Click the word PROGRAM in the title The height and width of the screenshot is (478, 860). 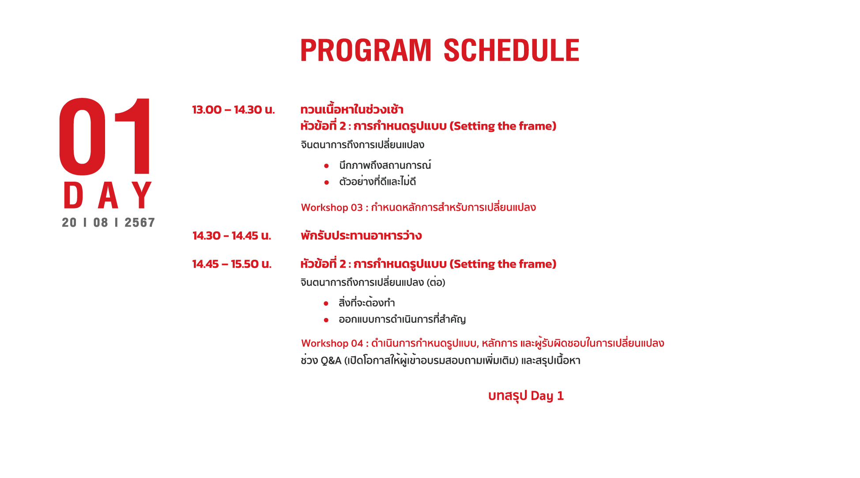tap(366, 50)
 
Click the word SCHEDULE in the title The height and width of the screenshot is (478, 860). tap(511, 50)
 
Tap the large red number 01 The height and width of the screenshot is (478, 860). tap(105, 136)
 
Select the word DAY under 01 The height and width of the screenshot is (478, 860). tap(108, 195)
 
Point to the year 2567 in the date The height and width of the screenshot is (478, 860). tap(140, 223)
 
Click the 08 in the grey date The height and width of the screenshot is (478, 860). tap(101, 223)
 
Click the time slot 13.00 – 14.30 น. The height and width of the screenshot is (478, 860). tap(234, 110)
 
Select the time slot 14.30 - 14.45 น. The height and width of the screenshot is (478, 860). tap(232, 236)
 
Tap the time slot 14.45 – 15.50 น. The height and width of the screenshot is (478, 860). tap(232, 264)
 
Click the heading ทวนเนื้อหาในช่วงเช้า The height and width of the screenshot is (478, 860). tap(352, 109)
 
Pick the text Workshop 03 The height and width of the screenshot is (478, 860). tap(332, 208)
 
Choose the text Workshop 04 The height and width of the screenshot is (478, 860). tap(332, 344)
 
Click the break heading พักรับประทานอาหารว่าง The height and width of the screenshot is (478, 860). tap(361, 236)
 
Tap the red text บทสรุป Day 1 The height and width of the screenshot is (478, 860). tap(526, 396)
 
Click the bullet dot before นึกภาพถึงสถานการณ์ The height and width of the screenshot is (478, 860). tap(326, 166)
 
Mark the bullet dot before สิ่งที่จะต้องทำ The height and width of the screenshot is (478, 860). tap(326, 303)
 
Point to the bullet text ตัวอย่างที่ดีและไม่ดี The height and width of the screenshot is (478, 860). tap(377, 182)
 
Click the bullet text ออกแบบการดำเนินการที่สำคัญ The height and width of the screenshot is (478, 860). tap(402, 319)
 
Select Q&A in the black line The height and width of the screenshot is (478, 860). tap(331, 361)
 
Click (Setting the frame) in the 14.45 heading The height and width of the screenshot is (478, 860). tap(503, 264)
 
